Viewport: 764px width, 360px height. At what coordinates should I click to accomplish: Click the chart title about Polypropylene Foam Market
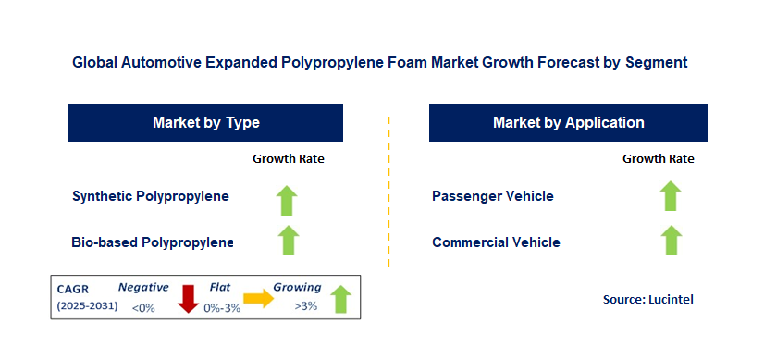379,64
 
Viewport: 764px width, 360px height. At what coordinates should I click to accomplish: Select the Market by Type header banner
205,122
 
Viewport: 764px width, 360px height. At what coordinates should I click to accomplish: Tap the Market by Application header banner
568,122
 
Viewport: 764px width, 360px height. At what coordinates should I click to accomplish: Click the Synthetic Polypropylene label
151,196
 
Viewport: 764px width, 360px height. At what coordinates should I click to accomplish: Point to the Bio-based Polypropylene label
153,242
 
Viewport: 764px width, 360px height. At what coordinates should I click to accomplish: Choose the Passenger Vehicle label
493,196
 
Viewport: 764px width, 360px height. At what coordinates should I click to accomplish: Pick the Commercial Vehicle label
496,242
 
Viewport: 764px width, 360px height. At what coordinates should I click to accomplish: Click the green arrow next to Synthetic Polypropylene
289,197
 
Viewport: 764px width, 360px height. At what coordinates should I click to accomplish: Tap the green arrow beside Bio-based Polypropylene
289,241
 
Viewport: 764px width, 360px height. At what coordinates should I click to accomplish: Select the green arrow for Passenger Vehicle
671,196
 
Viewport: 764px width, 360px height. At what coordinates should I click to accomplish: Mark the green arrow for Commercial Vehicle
671,241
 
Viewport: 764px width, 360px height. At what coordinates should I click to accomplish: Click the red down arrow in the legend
189,299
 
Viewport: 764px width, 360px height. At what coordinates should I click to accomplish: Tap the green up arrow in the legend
340,299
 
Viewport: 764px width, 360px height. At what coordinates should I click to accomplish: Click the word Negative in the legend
143,288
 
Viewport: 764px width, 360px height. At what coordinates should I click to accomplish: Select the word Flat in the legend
219,288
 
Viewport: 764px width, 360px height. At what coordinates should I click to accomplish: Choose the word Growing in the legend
297,288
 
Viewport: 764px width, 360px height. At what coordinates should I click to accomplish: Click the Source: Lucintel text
647,299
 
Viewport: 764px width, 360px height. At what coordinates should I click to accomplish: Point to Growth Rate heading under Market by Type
289,158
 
